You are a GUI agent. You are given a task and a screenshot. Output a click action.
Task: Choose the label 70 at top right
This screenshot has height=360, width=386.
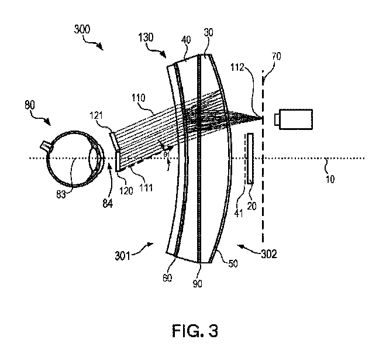276,56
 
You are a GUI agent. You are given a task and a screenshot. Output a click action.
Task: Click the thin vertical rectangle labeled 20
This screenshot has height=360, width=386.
250,159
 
